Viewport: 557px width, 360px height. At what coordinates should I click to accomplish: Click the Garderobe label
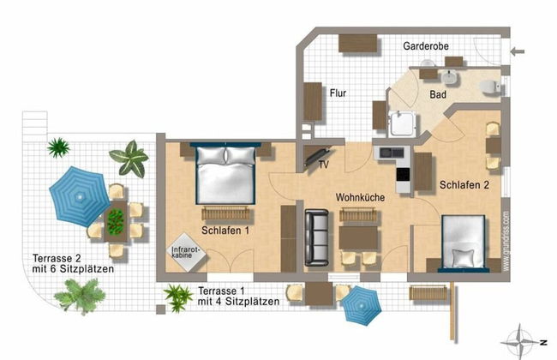(x=426, y=45)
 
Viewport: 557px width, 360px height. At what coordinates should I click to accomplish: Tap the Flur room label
(x=338, y=93)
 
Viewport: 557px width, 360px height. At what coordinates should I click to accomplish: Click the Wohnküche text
(x=359, y=197)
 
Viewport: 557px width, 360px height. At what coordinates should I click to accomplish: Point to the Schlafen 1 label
(x=225, y=231)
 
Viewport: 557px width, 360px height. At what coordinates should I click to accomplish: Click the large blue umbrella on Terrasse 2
(x=77, y=195)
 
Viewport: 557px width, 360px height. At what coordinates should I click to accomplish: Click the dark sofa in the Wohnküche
(x=319, y=238)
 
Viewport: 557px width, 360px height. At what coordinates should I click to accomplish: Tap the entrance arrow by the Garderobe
(x=518, y=52)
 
